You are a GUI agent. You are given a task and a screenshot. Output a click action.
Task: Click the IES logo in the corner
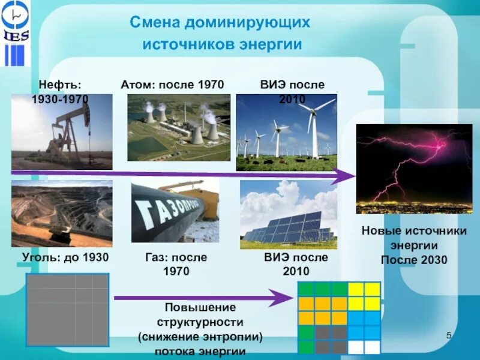[x=16, y=33]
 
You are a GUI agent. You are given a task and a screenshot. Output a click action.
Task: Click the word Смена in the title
[x=155, y=23]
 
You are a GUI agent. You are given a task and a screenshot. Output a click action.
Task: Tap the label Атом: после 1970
[x=172, y=85]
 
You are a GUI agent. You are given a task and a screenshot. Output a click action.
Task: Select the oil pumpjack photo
[x=62, y=132]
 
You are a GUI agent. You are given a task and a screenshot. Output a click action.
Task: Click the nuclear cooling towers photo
[x=179, y=127]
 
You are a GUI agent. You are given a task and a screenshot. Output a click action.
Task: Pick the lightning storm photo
[x=414, y=169]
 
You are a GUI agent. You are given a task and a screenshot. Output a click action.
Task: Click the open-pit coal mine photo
[x=62, y=214]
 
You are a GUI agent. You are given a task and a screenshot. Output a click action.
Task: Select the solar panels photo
[x=289, y=215]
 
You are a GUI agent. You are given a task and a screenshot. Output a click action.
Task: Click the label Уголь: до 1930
[x=65, y=257]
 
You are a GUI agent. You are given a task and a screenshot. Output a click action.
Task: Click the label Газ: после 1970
[x=176, y=264]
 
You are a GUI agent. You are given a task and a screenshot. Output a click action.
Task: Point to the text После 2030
[x=414, y=260]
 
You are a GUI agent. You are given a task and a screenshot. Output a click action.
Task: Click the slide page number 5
[x=449, y=335]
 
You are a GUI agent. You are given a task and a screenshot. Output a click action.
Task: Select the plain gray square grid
[x=67, y=310]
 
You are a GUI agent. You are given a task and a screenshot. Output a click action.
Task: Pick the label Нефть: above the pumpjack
[x=61, y=85]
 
